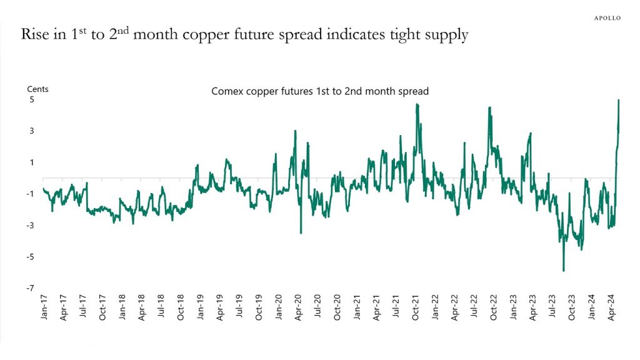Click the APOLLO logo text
[x=607, y=18]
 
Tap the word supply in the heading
[x=443, y=36]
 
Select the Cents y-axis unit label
[x=37, y=89]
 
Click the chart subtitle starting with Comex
[x=320, y=91]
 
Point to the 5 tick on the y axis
[x=29, y=100]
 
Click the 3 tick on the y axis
[x=29, y=131]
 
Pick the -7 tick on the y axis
[x=28, y=288]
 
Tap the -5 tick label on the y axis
[x=28, y=257]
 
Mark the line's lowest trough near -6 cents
[x=564, y=271]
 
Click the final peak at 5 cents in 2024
[x=619, y=101]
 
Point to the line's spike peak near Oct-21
[x=417, y=104]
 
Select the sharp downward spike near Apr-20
[x=301, y=233]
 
